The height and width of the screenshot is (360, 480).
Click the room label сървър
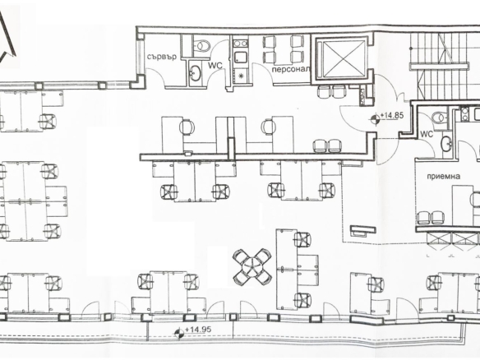161,57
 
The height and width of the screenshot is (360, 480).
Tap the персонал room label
290,70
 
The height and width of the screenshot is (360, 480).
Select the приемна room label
444,177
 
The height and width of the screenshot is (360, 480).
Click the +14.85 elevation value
391,116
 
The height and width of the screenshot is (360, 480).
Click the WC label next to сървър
215,65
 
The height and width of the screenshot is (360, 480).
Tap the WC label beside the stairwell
427,134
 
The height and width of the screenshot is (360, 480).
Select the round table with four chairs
252,266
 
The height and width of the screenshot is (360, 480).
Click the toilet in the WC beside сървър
201,45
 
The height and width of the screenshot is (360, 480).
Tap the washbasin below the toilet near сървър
195,73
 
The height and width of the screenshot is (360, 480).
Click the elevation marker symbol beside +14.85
375,119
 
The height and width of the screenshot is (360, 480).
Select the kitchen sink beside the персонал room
240,58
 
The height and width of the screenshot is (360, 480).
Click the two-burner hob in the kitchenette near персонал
240,43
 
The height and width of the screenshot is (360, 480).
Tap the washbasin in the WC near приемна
446,144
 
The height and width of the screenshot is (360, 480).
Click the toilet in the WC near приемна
440,117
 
